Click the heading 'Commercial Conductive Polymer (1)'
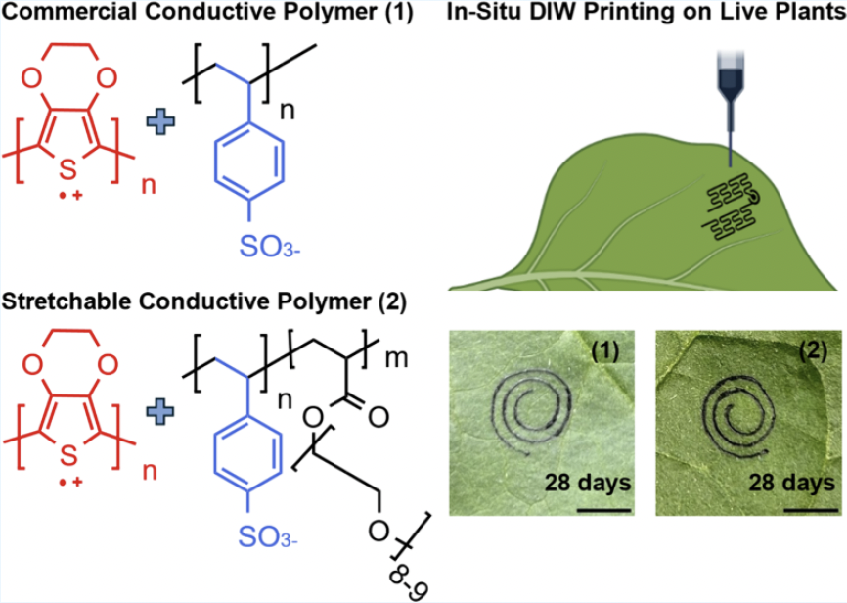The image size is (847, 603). [x=184, y=14]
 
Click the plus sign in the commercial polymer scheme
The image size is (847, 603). [x=157, y=123]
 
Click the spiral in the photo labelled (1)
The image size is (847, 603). [x=527, y=403]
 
